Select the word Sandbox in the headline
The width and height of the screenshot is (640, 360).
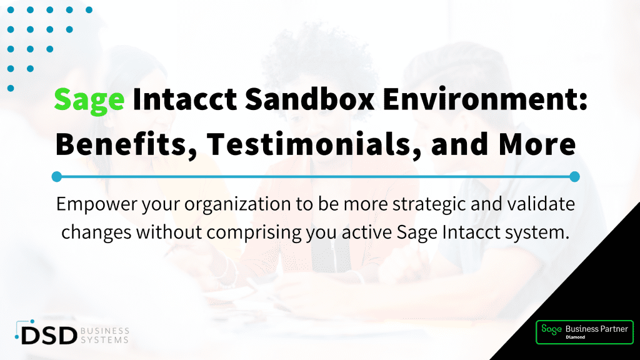click(x=310, y=99)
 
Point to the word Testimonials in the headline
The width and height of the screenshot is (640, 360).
click(x=308, y=144)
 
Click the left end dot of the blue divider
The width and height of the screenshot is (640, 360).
click(x=57, y=177)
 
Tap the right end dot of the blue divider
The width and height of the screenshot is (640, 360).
click(x=575, y=177)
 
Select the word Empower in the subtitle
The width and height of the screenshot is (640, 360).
click(x=97, y=204)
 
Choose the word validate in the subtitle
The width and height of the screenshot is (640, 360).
click(x=539, y=204)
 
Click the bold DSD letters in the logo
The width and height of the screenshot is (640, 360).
click(x=49, y=336)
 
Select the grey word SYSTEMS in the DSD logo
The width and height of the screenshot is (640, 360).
click(x=105, y=340)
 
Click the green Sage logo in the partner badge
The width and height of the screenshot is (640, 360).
click(x=551, y=329)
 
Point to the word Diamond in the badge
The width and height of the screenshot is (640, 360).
click(x=575, y=337)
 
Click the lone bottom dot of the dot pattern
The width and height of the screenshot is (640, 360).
click(x=11, y=88)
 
